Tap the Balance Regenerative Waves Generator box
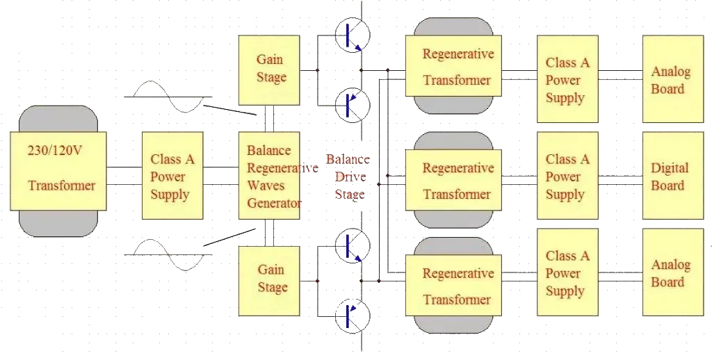click(x=273, y=177)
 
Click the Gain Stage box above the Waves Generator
click(x=270, y=68)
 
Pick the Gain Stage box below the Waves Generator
click(x=270, y=278)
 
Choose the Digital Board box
click(x=668, y=177)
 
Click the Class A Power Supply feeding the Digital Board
click(x=567, y=177)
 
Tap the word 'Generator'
click(x=275, y=203)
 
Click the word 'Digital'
click(x=669, y=168)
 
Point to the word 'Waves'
click(x=264, y=186)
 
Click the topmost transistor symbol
click(x=350, y=38)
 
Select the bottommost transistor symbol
click(x=350, y=316)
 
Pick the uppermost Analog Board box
click(x=668, y=79)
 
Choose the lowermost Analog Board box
click(x=668, y=273)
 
